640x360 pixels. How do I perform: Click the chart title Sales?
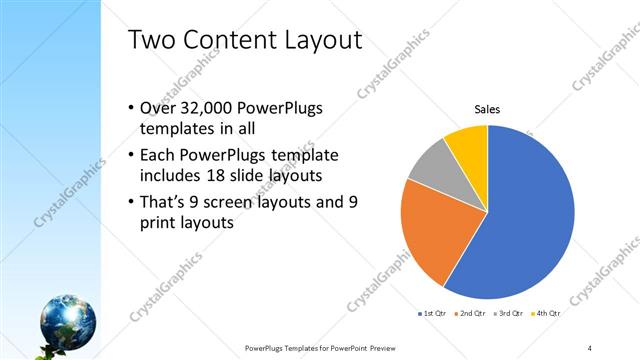(487, 109)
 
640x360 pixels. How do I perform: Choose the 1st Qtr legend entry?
(433, 313)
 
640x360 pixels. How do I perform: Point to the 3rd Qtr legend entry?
(511, 313)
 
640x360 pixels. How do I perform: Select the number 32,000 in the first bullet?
(206, 109)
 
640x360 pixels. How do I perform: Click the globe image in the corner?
(69, 320)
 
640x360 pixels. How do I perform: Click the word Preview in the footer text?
(396, 348)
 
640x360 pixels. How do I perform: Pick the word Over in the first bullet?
(157, 109)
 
